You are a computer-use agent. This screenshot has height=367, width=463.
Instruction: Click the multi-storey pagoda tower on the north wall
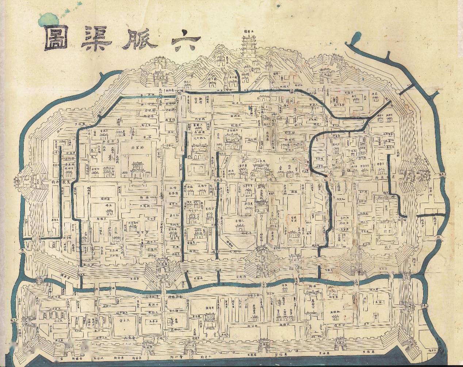click(x=248, y=46)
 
